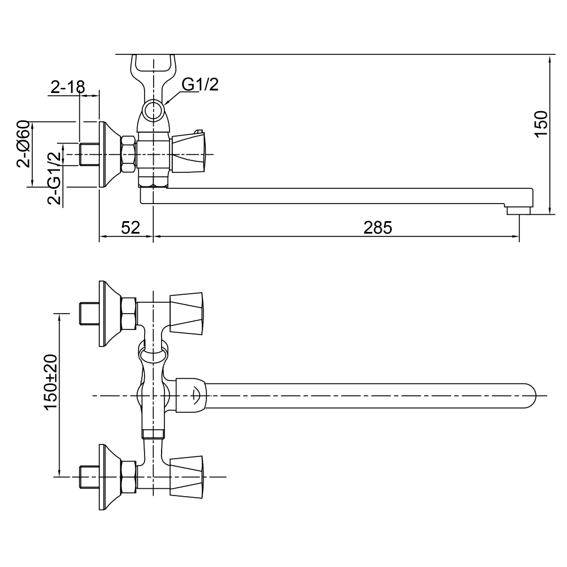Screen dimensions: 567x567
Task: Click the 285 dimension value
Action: coord(378,227)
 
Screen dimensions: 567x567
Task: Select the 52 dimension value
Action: coord(130,227)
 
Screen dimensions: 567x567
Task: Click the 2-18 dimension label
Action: coord(67,87)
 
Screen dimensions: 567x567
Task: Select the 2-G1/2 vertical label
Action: coord(54,178)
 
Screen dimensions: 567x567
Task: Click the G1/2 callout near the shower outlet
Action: coord(200,84)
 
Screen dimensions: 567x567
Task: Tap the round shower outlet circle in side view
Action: coord(153,110)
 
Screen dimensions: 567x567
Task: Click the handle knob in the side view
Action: coord(190,150)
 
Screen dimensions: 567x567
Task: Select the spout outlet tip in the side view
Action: coord(518,210)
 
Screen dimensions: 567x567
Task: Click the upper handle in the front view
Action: coord(187,314)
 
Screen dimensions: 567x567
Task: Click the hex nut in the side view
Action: coord(129,154)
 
